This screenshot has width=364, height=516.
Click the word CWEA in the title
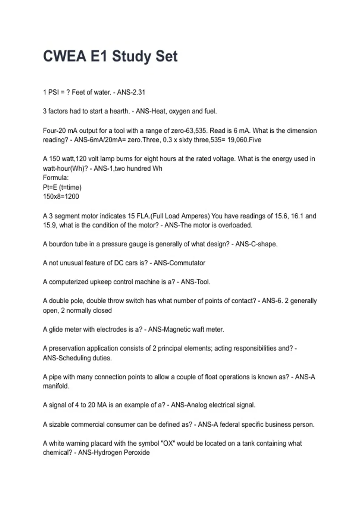(64, 56)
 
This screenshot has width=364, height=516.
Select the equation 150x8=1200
(61, 196)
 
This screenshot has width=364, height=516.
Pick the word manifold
(56, 386)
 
